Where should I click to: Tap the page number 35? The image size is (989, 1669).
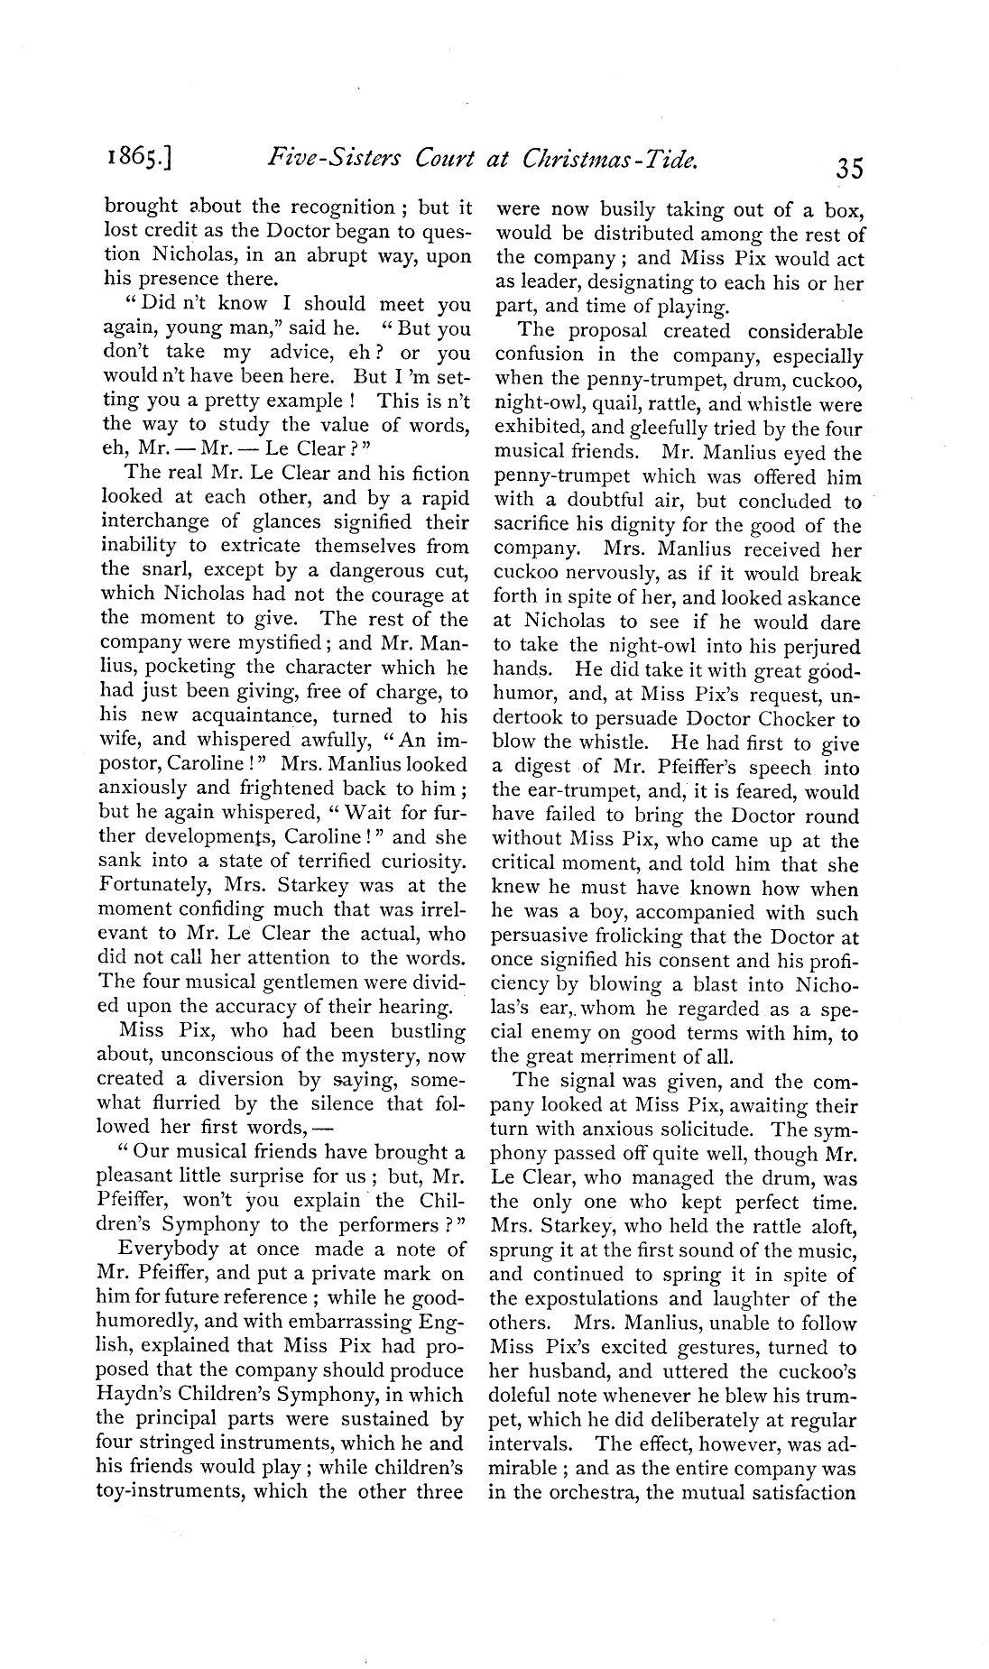[x=849, y=168]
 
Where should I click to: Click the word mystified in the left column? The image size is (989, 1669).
[x=278, y=643]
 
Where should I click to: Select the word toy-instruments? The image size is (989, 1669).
[x=169, y=1491]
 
